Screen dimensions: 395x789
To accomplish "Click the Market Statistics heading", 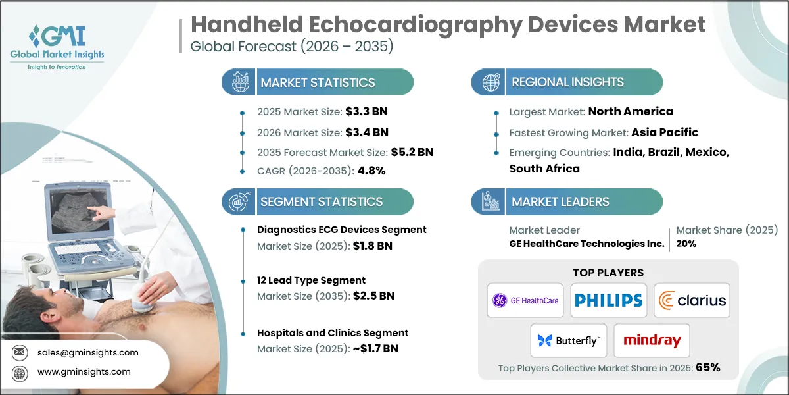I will coord(318,82).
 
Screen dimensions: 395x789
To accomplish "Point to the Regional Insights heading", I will coord(567,82).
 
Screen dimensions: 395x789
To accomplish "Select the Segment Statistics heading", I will coord(321,201).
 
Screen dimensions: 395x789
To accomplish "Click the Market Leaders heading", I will coord(560,201).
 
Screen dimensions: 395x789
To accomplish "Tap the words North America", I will coord(630,111).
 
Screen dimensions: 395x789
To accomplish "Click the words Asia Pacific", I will coord(665,132).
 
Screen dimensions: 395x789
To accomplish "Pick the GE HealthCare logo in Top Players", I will coord(525,300).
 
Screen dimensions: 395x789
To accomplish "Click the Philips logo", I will coord(608,300).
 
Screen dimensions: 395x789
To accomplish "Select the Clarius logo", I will coord(693,300).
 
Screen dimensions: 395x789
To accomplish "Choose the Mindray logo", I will coord(652,341).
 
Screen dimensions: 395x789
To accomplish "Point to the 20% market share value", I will coord(686,244).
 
